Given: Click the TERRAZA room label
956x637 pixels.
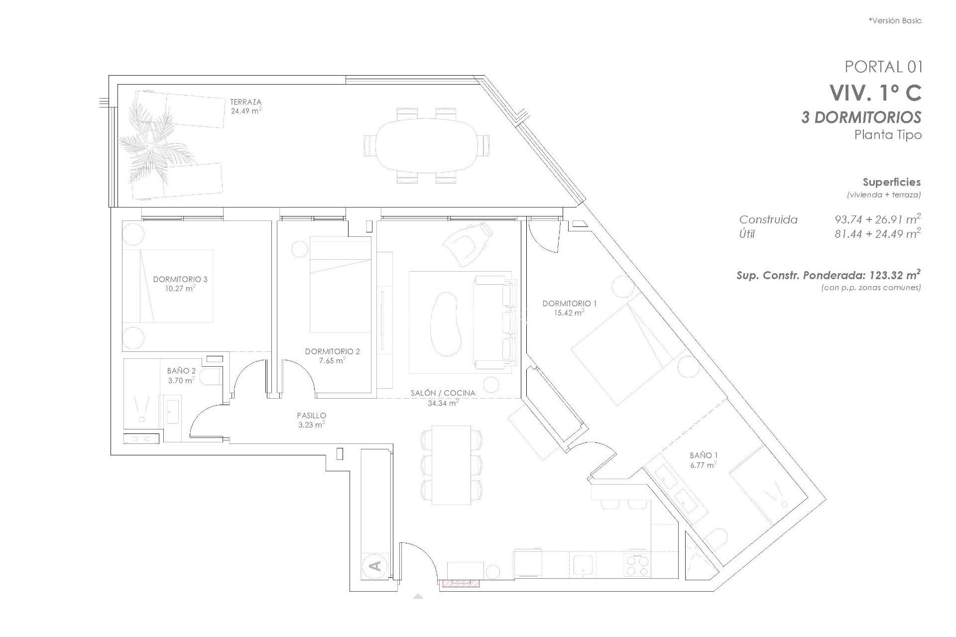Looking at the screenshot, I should [x=245, y=102].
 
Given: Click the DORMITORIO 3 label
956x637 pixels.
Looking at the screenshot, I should [x=180, y=279].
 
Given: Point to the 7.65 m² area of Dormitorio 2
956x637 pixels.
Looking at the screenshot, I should [x=332, y=360].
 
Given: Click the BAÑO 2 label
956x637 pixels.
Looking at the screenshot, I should [x=181, y=371].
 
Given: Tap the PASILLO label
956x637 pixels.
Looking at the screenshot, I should [x=311, y=415].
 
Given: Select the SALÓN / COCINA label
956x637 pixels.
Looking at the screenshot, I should [x=443, y=393].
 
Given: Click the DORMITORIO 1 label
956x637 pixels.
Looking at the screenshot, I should [x=569, y=303].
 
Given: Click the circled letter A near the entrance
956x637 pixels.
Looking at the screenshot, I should [x=376, y=566].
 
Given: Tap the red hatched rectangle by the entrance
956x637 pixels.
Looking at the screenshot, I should [x=460, y=583].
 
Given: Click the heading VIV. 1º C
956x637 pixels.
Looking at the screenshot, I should [x=875, y=93].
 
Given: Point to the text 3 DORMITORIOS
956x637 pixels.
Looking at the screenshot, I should [x=861, y=117].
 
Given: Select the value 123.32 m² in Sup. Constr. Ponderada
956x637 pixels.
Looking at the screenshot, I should [x=894, y=275].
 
